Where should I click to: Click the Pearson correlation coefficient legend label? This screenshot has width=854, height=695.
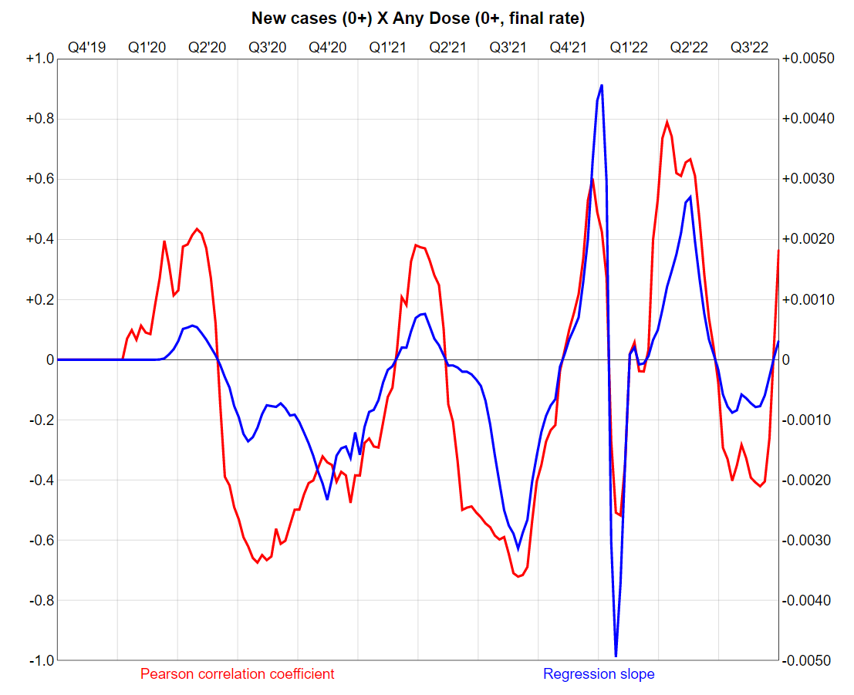pos(238,674)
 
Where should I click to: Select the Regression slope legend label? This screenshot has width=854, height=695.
pos(599,674)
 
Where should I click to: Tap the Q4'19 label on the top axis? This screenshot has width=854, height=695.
pos(86,47)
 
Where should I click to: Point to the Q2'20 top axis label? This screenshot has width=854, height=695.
pos(207,47)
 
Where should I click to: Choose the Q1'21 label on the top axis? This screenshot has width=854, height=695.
pos(387,47)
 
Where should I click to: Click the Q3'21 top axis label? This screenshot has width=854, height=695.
pos(508,47)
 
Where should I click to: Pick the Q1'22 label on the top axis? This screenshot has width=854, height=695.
pos(628,47)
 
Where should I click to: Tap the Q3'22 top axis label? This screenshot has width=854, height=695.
pos(749,47)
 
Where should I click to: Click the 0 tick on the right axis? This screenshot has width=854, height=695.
pos(788,359)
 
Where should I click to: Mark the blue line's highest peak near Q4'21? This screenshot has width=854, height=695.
pos(602,85)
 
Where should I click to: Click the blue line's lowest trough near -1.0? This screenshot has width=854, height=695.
pos(616,656)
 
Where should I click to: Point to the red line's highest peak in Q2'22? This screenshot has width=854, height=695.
pos(667,122)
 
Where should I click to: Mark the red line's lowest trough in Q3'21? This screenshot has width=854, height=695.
pos(518,575)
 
